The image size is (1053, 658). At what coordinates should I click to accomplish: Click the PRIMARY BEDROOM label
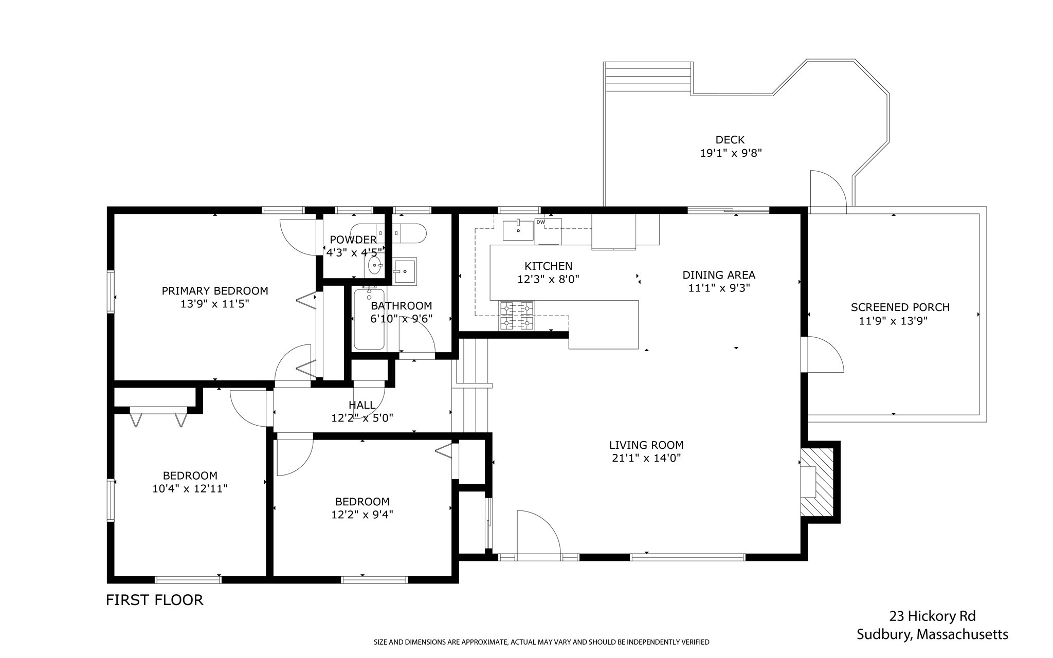(215, 291)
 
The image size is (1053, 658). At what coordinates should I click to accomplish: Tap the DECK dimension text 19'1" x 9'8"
(731, 153)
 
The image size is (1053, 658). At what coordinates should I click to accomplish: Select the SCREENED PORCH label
(900, 307)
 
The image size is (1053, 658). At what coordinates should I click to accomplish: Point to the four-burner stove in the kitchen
(517, 316)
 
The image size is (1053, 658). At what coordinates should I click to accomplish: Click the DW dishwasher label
(540, 222)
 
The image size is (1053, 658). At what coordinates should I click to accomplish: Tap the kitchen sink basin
(518, 229)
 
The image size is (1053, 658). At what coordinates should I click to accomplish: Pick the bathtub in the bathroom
(369, 319)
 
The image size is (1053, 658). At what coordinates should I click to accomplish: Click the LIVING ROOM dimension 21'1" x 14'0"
(646, 459)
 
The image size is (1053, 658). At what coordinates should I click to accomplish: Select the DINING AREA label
(719, 275)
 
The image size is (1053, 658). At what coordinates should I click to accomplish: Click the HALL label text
(362, 405)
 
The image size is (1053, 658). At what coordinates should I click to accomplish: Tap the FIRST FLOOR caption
(155, 600)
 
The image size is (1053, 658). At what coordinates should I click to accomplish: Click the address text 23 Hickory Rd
(932, 616)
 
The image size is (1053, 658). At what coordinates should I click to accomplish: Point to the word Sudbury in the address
(884, 635)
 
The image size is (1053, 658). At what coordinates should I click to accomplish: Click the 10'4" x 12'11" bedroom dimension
(190, 489)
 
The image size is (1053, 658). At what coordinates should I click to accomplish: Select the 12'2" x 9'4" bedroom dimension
(362, 515)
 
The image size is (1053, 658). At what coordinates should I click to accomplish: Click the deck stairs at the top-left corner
(648, 76)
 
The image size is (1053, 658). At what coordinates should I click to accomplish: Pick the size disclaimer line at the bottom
(541, 642)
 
